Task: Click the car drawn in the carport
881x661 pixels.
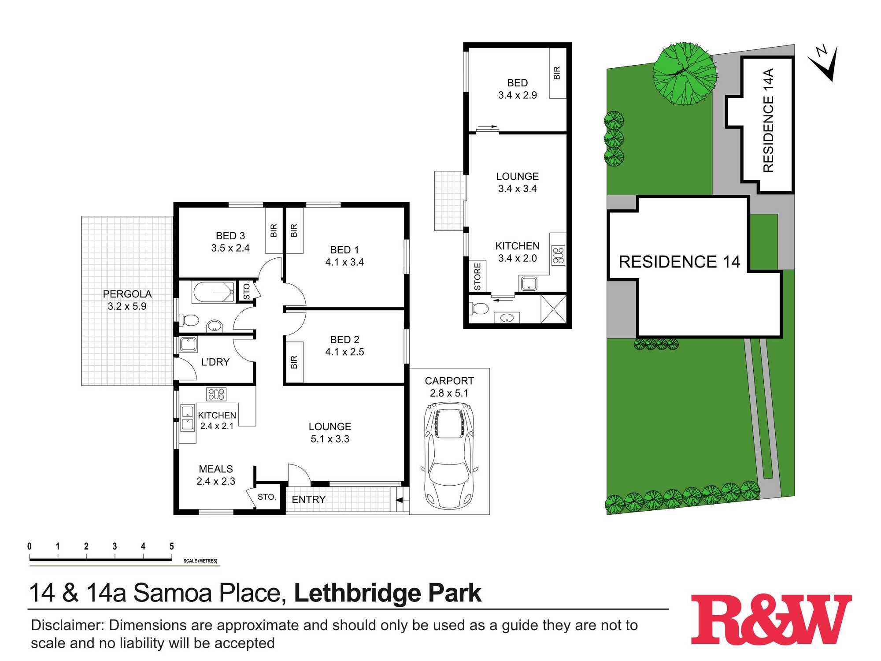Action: [449, 456]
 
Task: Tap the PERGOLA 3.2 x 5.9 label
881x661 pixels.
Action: [127, 300]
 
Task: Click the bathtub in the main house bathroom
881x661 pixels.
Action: [213, 292]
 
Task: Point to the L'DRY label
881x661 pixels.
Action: [215, 362]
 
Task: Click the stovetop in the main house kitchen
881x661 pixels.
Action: [216, 394]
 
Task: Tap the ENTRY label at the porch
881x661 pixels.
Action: [308, 499]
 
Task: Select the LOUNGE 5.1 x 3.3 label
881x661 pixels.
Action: [330, 433]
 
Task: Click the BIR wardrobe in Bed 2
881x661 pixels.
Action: [294, 362]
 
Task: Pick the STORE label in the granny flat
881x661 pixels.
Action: [478, 276]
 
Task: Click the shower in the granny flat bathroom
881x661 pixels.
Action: [553, 309]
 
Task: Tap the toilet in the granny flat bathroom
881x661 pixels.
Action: [479, 308]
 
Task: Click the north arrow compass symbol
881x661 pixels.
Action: [825, 63]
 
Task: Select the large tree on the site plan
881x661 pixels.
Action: [684, 74]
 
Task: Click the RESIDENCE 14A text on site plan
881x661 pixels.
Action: [768, 120]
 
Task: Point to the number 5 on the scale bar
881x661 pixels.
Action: [171, 546]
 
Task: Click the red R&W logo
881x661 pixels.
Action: [770, 620]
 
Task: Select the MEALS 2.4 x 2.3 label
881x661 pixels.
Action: [216, 475]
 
